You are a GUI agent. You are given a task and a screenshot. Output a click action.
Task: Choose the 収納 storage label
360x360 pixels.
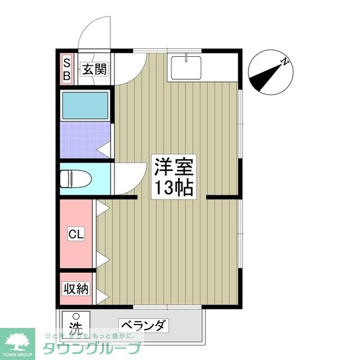coord(76,289)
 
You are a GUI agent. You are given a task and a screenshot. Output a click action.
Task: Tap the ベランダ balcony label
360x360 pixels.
coord(143,325)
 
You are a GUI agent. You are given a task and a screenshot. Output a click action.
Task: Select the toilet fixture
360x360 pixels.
coord(76,178)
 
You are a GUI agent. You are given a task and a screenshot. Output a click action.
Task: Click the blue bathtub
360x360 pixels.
coord(85,105)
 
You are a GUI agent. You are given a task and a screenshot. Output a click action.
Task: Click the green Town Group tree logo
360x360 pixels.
coord(17,337)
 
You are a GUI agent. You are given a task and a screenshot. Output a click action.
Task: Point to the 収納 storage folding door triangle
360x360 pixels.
coord(102,296)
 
